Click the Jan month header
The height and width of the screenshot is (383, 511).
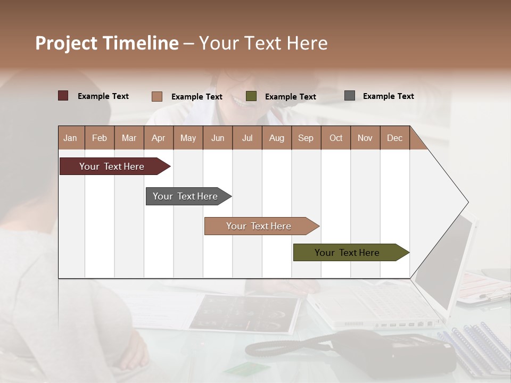71,138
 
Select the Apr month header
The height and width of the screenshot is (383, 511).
159,138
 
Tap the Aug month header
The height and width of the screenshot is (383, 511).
277,138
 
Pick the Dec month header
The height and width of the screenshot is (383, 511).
394,138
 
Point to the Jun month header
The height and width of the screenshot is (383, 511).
218,138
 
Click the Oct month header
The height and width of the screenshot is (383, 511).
336,138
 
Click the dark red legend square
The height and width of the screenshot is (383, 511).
63,96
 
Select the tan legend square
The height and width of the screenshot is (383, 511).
156,96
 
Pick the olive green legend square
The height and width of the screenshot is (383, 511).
251,96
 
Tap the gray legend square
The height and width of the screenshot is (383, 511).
350,96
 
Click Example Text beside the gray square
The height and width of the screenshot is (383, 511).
388,96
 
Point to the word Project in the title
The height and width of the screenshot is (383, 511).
66,43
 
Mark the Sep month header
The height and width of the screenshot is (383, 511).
306,138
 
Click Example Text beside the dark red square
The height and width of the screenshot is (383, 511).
103,96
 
